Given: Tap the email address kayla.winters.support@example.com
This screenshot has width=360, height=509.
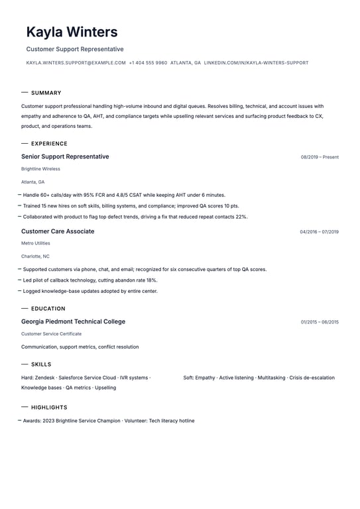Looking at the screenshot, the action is pos(76,63).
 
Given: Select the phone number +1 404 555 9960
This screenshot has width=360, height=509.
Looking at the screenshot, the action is pos(148,63).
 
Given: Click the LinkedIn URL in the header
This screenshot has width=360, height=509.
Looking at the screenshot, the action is pos(256,63).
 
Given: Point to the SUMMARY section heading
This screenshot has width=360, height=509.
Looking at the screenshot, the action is pos(46,93).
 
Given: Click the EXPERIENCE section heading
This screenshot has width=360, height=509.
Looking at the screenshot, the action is pos(49,144).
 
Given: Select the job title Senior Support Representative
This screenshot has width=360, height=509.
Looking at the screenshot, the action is pos(65,157).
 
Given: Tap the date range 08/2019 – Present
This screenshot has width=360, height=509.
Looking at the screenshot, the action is pos(320,158).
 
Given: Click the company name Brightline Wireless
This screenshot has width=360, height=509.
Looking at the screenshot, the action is pos(40,169).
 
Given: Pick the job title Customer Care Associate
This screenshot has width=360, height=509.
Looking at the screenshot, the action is pos(58,231).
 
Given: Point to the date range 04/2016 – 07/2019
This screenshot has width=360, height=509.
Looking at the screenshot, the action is pos(319,232).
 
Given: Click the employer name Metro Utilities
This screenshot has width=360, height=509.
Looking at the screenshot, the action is pos(35,243).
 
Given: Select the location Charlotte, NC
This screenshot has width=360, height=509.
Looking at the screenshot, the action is pos(35,256).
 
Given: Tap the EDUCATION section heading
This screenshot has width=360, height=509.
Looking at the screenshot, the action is pos(48,309).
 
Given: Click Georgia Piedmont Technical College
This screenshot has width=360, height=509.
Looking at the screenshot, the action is pos(73,321).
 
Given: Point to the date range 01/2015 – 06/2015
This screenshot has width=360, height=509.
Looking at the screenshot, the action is pos(320,322).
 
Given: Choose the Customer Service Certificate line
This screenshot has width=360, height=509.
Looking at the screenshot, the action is pos(51,334).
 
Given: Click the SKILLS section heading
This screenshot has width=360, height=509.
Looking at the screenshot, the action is pos(41,365).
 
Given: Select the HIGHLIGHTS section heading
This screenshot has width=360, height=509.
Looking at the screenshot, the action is pos(49,408).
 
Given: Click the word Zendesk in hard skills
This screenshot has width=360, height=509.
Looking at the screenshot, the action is pos(45,378).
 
